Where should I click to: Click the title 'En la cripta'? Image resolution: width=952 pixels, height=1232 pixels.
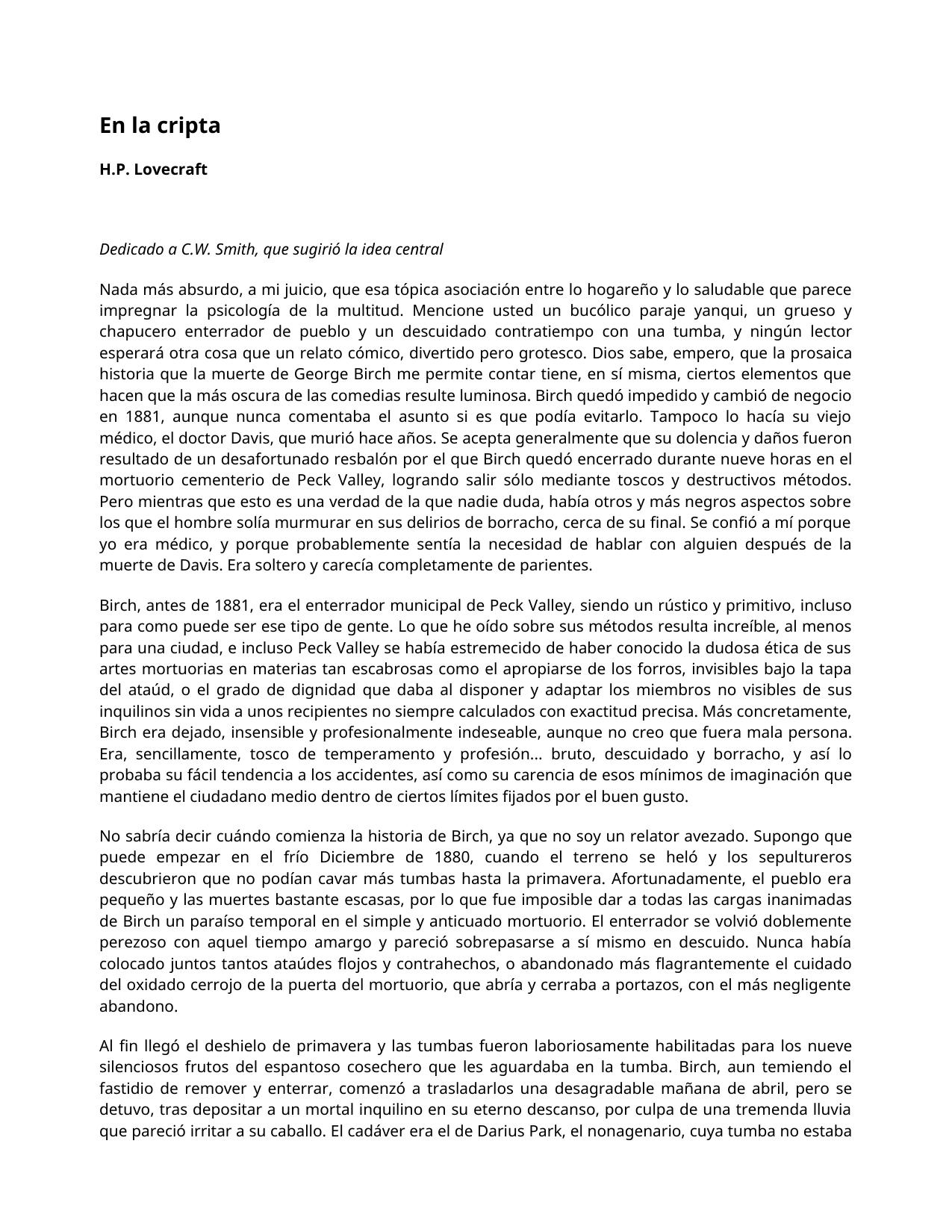point(160,125)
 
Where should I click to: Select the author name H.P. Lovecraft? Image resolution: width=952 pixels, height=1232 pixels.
point(153,169)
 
